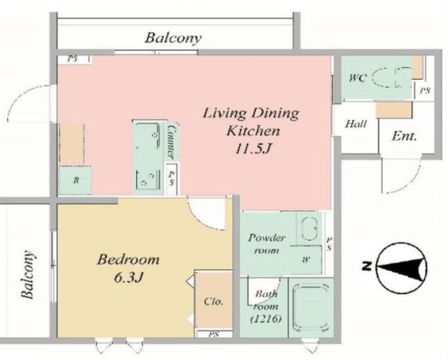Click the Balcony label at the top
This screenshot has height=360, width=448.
[x=173, y=39]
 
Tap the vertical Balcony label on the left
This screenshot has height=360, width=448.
[x=28, y=275]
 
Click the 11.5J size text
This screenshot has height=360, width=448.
[x=253, y=148]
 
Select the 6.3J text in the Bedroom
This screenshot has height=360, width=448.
[x=128, y=277]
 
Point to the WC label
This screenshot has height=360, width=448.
[x=358, y=78]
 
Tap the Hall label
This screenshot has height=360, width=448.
[x=356, y=124]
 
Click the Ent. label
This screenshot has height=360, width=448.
[x=404, y=136]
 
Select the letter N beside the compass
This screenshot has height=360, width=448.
[x=367, y=266]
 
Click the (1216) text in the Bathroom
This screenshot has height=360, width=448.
[x=266, y=319]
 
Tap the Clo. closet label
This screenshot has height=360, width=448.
[x=213, y=301]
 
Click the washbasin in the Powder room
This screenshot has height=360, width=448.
[x=309, y=228]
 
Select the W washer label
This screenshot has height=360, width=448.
[x=307, y=260]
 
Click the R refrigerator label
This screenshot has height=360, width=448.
[x=76, y=181]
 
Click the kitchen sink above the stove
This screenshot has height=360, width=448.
[x=148, y=135]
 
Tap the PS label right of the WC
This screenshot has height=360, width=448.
[x=425, y=90]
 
